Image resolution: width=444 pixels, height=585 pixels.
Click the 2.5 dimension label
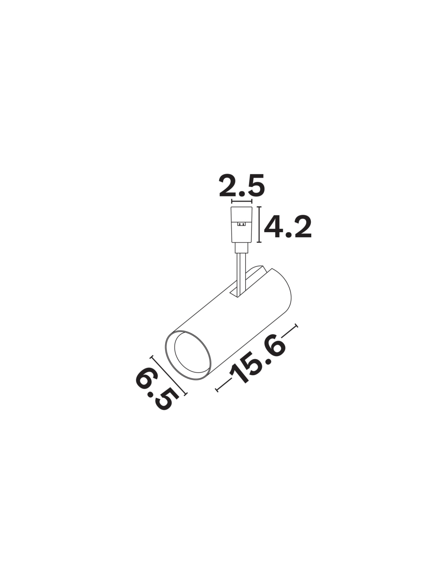click(x=242, y=186)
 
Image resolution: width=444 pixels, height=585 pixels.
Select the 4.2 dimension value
click(x=287, y=227)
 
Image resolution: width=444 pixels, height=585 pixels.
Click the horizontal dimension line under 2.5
click(x=242, y=201)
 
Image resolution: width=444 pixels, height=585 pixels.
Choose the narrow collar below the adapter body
click(x=242, y=248)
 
